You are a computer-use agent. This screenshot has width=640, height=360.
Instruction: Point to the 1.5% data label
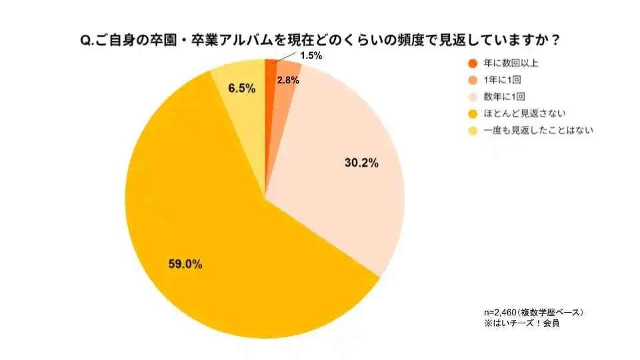pyautogui.click(x=311, y=56)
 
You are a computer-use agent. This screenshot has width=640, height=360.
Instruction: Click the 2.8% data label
pyautogui.click(x=288, y=80)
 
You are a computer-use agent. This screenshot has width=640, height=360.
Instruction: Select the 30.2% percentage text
pyautogui.click(x=361, y=163)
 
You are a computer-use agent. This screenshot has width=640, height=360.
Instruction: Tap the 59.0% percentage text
pyautogui.click(x=185, y=265)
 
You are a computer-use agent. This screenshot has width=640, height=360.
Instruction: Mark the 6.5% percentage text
pyautogui.click(x=242, y=88)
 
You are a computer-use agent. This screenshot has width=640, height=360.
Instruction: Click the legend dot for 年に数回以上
pyautogui.click(x=473, y=64)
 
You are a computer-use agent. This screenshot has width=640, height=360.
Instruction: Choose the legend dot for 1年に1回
pyautogui.click(x=473, y=81)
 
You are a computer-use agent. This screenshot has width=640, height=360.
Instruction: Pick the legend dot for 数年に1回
pyautogui.click(x=473, y=97)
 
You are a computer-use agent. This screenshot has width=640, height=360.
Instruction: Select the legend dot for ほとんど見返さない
pyautogui.click(x=473, y=114)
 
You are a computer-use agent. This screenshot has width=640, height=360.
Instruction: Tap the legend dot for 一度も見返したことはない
pyautogui.click(x=473, y=131)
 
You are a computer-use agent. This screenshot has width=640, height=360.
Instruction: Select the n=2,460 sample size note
pyautogui.click(x=533, y=312)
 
